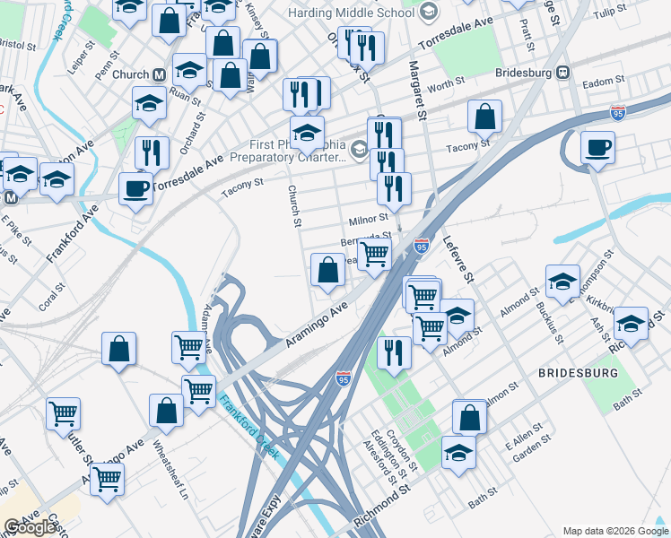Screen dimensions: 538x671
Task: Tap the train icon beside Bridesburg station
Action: point(563,73)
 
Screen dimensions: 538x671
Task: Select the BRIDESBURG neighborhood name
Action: point(578,371)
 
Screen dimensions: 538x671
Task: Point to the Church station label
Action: point(131,74)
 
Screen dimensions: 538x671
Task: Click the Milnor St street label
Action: point(368,218)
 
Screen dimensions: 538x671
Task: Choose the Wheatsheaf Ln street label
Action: point(170,470)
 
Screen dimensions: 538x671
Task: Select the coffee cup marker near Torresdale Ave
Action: point(135,188)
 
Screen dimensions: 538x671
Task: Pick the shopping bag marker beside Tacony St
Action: point(484,116)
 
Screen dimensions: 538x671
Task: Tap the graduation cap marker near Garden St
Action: point(458,452)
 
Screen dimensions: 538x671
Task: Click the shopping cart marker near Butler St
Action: point(64,413)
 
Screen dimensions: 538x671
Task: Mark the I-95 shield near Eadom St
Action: point(617,112)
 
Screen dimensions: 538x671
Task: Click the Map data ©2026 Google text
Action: point(614,530)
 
